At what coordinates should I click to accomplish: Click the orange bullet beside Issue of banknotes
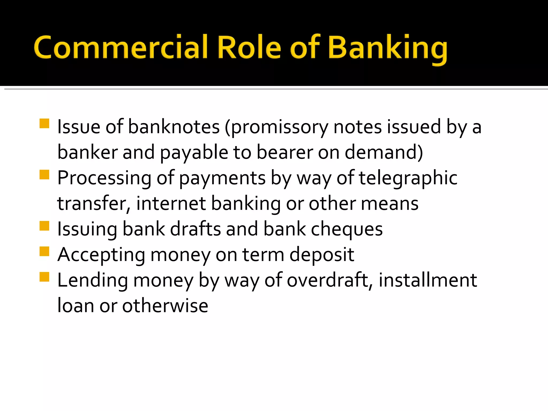(x=44, y=124)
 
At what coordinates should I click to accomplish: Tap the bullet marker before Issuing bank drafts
(x=44, y=226)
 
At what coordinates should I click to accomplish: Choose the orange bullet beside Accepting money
(x=44, y=252)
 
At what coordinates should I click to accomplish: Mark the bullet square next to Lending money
(x=44, y=277)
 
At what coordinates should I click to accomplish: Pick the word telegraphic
(x=408, y=178)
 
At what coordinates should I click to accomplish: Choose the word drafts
(x=196, y=229)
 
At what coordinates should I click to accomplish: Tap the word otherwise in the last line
(x=165, y=306)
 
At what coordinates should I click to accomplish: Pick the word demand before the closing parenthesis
(x=381, y=152)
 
